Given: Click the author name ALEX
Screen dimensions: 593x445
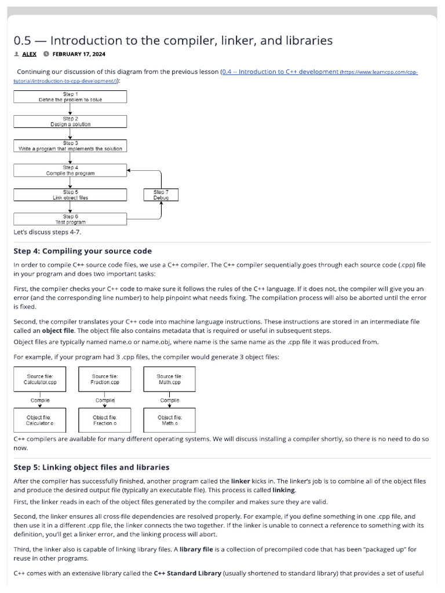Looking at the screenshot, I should [30, 54].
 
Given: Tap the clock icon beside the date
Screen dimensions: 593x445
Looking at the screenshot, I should [46, 54].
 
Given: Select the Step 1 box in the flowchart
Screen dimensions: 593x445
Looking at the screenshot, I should [70, 97].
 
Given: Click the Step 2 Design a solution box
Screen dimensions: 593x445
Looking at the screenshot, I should [70, 121].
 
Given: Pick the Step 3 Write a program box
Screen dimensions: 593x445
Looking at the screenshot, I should [70, 145].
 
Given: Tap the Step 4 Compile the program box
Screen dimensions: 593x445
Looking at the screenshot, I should [70, 170].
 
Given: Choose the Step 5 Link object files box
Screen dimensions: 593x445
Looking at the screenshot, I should [70, 195].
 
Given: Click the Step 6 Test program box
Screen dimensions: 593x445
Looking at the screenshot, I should [70, 219].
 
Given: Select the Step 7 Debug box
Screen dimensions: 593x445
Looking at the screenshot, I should [161, 195].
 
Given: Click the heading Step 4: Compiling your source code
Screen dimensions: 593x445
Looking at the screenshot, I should [82, 251].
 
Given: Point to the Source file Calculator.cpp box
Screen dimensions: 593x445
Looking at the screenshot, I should [40, 379].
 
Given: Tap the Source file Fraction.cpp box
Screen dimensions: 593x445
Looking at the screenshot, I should [105, 379].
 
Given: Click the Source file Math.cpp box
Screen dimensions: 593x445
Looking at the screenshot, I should [170, 379].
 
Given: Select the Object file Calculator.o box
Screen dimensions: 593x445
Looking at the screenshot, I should [40, 420].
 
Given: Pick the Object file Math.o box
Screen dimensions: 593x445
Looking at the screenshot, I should [170, 420].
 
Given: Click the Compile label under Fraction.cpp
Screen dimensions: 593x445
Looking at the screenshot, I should [105, 400].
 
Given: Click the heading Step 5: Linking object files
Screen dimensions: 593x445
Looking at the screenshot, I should [91, 467].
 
